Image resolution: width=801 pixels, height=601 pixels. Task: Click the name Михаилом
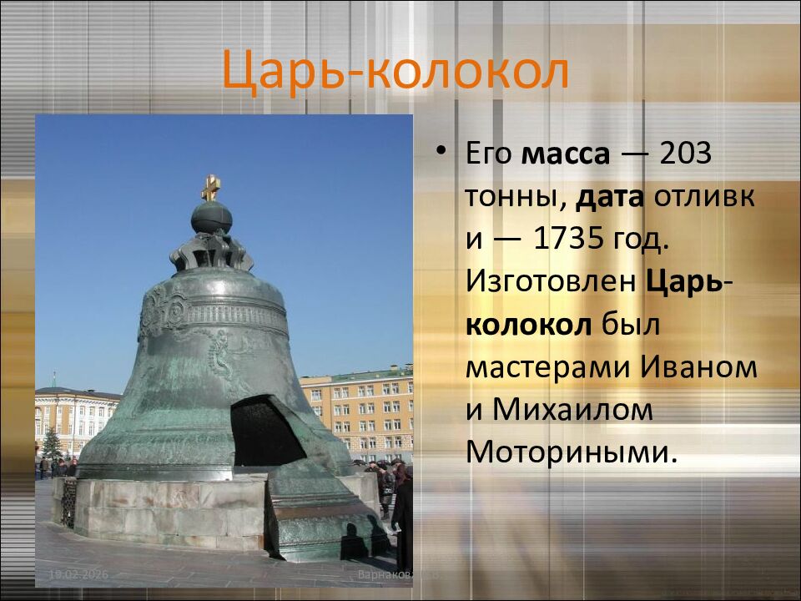click(572, 410)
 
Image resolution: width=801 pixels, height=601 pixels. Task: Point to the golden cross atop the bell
click(211, 185)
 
